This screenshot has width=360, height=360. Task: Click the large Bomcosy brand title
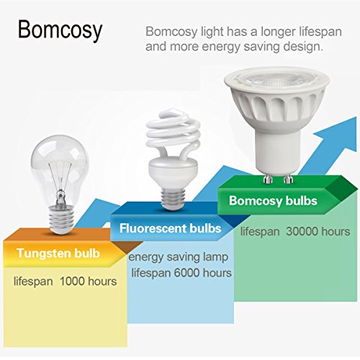click(60, 30)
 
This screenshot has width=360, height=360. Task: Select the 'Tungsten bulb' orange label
click(58, 253)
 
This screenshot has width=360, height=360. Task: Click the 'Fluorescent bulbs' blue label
click(170, 228)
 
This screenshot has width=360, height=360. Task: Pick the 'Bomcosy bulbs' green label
click(273, 201)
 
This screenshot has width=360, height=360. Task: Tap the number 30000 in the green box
click(302, 232)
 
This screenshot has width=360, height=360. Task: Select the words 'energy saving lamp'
click(178, 257)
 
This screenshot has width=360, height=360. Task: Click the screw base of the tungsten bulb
click(61, 220)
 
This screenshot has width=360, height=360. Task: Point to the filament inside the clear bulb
click(60, 178)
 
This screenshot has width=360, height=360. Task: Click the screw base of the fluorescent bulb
click(173, 198)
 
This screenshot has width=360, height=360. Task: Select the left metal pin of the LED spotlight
click(268, 179)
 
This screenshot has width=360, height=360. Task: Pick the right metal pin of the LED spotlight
click(287, 179)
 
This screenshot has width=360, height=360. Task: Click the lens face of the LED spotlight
click(276, 80)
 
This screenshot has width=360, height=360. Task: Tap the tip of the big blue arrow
click(356, 117)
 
